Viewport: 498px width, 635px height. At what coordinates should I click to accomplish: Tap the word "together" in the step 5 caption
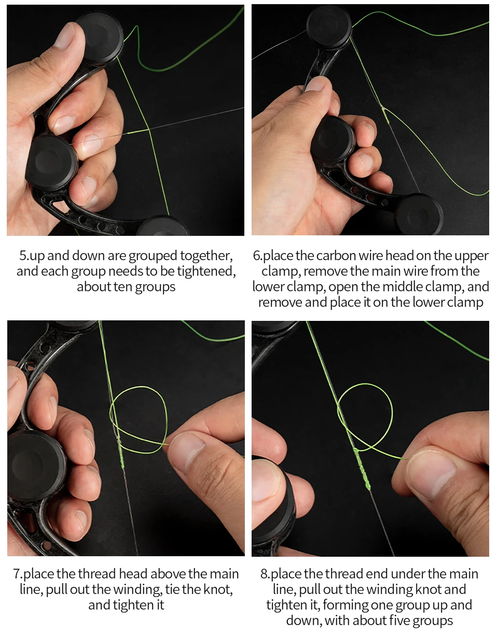coord(206,256)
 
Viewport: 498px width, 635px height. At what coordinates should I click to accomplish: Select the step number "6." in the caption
coord(258,256)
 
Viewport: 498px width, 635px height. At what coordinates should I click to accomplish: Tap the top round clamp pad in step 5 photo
coord(99,36)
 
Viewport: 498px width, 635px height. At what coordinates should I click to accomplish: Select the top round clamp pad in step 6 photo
coord(329,26)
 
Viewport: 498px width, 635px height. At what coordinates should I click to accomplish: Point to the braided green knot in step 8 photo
coord(362,469)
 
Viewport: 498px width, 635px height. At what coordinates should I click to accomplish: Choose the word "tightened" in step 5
coord(206,272)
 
